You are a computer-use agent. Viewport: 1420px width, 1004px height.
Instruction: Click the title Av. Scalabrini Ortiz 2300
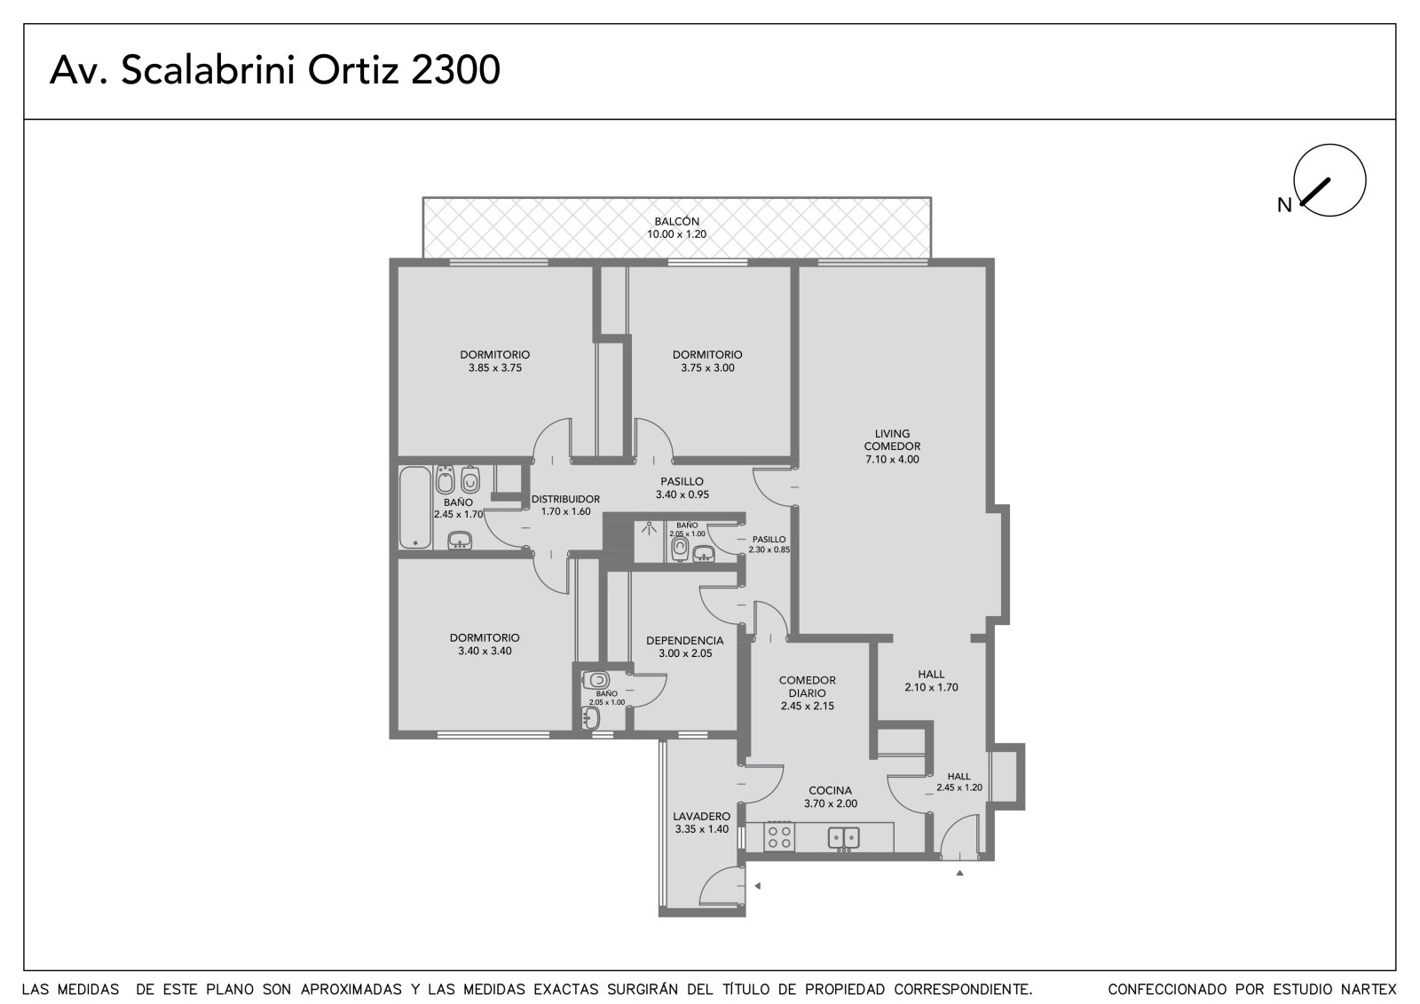click(274, 70)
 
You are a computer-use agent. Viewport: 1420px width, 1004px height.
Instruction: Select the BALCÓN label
click(676, 221)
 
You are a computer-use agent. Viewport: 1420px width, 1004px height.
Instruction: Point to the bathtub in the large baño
click(415, 508)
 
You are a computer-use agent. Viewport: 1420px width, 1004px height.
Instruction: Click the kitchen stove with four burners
click(778, 836)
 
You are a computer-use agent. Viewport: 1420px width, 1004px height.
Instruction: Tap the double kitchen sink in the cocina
click(844, 838)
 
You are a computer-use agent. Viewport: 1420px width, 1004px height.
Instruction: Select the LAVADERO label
click(701, 817)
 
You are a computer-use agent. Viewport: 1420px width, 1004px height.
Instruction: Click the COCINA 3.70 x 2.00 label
click(831, 796)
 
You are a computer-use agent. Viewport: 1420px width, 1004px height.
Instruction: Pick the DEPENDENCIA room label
click(684, 641)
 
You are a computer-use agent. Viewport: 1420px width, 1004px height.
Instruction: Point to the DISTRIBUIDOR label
click(565, 499)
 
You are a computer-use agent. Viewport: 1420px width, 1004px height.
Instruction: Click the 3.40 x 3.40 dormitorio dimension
click(485, 651)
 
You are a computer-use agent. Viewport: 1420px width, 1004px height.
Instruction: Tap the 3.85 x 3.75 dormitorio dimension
click(495, 368)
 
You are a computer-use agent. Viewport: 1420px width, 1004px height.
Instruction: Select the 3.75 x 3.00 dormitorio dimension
click(707, 368)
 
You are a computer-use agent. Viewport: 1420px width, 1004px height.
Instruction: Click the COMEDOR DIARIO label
click(808, 686)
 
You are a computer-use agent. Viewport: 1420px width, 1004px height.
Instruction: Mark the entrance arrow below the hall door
click(959, 874)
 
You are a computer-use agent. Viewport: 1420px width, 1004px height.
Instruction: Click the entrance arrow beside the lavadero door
click(757, 886)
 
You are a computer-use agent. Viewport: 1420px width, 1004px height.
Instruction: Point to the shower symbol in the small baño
click(649, 528)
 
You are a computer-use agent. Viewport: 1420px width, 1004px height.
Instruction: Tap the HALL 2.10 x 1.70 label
click(931, 681)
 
